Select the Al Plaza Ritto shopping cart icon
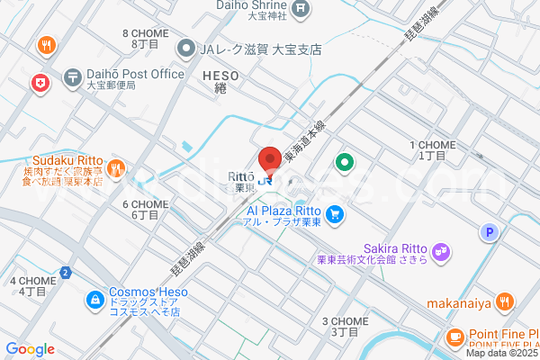coord(335,214)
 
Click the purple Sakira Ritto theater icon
coord(441,251)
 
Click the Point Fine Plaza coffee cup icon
coord(454,337)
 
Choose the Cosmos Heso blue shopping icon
coord(94,299)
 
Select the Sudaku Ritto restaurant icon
coord(115,167)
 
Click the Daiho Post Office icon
coord(72,78)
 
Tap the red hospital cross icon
coord(40,83)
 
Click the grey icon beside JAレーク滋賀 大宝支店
coord(186,49)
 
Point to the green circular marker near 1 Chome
coord(343,163)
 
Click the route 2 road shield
coord(65,272)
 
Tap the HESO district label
coord(221,76)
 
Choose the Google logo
coord(29,349)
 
